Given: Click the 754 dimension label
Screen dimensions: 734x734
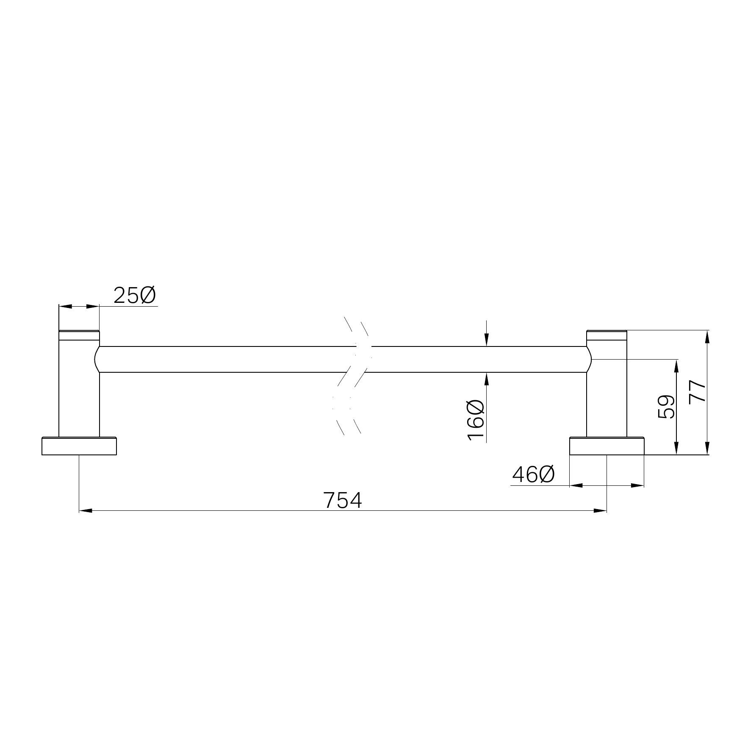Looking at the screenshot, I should tap(343, 500).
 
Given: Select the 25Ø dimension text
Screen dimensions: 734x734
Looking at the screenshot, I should tap(135, 296).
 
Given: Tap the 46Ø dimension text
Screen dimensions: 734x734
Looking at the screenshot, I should tap(533, 475).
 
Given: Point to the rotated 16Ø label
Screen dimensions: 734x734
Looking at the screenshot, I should tap(476, 420).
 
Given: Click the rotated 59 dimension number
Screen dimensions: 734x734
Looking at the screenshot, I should tap(666, 407).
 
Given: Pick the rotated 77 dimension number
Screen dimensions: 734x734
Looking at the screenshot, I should tap(698, 392).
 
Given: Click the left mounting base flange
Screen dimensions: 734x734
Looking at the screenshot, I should tap(79, 446).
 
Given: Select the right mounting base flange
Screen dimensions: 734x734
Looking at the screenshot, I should tap(607, 446).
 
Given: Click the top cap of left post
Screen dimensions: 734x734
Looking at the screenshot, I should tap(79, 335).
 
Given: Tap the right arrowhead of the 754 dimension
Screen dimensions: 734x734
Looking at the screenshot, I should tap(600, 511).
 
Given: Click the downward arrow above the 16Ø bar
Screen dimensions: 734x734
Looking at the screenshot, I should tap(487, 340).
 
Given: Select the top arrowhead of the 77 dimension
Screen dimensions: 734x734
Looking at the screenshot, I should tap(707, 337).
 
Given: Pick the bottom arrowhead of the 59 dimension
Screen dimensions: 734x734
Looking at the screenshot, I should tap(676, 448).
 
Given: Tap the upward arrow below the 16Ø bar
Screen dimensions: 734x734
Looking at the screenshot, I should tap(487, 379).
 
